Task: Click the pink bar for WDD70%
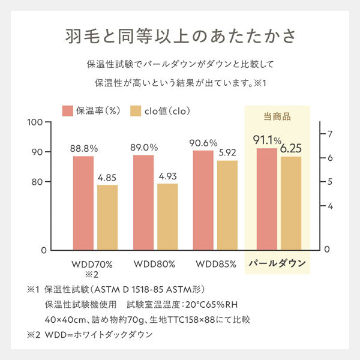click(x=84, y=203)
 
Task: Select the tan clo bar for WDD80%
click(x=167, y=216)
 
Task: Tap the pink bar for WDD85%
click(x=203, y=200)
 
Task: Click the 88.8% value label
click(x=84, y=147)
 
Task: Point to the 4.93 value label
click(x=167, y=176)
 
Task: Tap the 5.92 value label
click(x=227, y=152)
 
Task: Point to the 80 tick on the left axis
click(x=37, y=182)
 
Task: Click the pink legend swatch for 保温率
click(x=67, y=110)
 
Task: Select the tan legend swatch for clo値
click(x=136, y=110)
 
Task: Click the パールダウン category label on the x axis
click(x=277, y=263)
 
